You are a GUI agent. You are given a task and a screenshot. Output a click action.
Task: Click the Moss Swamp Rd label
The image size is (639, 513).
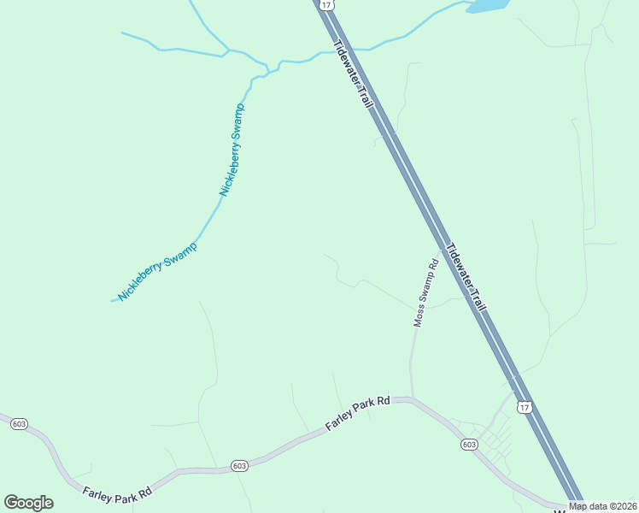(425, 292)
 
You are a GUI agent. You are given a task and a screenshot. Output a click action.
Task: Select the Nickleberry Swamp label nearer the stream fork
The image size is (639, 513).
(232, 150)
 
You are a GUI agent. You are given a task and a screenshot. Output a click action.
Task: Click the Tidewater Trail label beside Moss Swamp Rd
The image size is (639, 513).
(465, 276)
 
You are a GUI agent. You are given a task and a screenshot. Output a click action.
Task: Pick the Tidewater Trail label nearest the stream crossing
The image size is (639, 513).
(354, 74)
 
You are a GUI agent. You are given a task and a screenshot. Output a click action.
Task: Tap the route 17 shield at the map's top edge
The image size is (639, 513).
(326, 5)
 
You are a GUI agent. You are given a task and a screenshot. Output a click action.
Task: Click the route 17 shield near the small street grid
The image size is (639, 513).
(525, 408)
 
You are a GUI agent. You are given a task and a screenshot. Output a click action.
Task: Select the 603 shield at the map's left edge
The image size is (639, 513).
(18, 423)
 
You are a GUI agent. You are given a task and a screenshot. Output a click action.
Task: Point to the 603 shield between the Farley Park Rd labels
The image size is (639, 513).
(239, 466)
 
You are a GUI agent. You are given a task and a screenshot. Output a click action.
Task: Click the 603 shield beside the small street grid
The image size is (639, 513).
(468, 445)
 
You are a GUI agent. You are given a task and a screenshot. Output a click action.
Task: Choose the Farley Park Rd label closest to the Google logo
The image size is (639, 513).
(117, 493)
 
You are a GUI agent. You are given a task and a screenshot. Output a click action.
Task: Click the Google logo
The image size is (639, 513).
(28, 503)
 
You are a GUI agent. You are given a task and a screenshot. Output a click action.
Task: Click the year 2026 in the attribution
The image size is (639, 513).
(624, 506)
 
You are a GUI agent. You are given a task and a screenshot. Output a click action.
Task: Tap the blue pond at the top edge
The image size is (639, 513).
(488, 5)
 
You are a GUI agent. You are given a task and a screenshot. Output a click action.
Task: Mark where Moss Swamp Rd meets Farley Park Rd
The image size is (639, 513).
(412, 398)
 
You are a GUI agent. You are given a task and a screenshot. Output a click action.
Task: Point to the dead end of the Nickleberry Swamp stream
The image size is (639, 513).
(113, 301)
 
